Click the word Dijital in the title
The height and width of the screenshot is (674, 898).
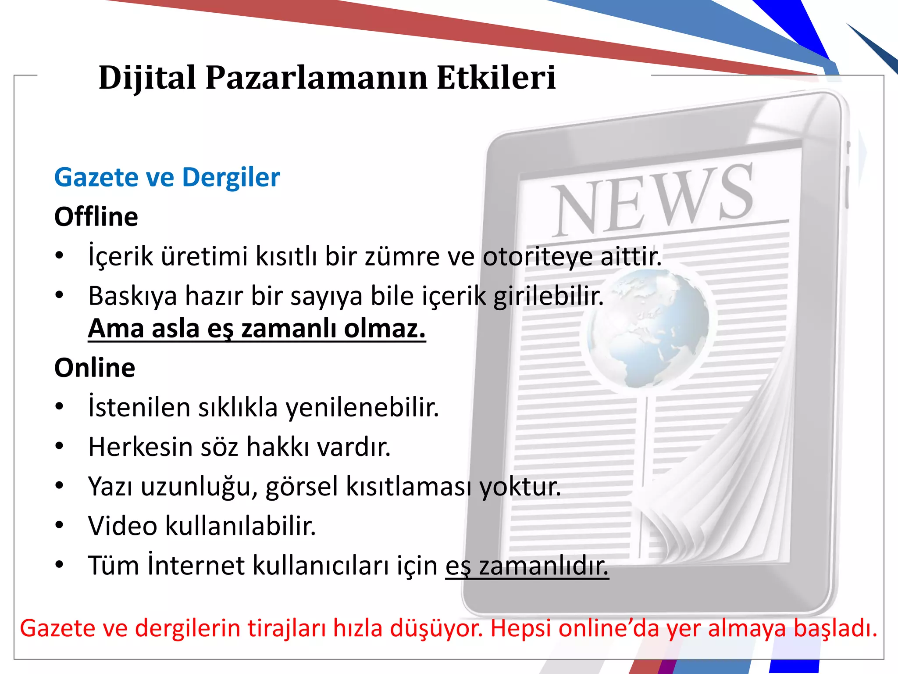click(147, 78)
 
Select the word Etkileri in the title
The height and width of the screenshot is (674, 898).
click(496, 78)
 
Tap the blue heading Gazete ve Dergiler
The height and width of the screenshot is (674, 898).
click(167, 177)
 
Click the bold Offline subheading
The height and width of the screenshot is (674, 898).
click(96, 217)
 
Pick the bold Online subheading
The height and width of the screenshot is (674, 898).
click(95, 368)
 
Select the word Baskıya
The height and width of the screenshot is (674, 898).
click(132, 296)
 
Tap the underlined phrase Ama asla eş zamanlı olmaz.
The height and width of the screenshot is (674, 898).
click(257, 329)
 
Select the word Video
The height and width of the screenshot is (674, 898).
click(122, 526)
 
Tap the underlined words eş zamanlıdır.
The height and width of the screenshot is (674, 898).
click(527, 566)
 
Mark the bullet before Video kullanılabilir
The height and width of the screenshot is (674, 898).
click(60, 526)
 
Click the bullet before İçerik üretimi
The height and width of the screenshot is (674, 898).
click(60, 256)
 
